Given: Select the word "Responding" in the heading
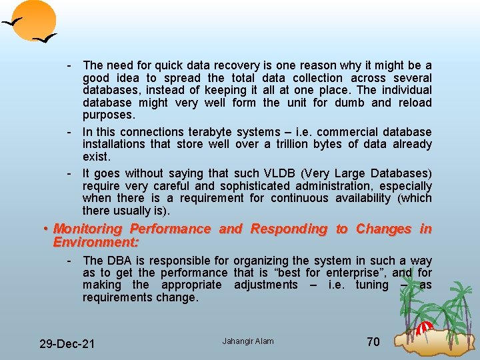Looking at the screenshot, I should point(289,229).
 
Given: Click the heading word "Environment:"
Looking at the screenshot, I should point(96,241).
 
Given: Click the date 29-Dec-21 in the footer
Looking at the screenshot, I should point(67,343).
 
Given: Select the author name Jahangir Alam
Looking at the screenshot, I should point(248,341).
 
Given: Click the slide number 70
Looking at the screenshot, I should point(373,342).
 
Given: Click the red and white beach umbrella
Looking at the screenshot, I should point(425,328).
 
